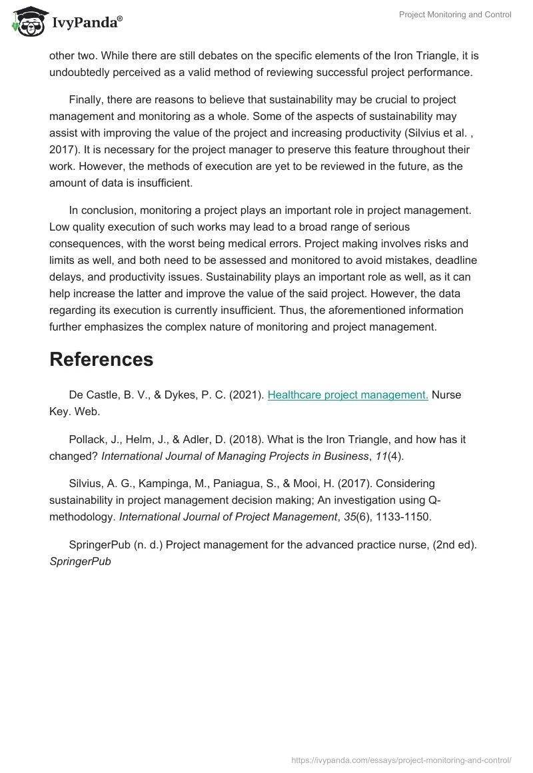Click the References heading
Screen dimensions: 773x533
pos(101,359)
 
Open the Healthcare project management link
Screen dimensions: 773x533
pos(348,394)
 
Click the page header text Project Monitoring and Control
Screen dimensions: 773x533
pos(455,15)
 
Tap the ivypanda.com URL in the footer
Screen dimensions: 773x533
pos(402,760)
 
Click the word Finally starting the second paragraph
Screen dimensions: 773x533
pos(89,99)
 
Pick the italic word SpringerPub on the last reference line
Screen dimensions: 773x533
pos(80,561)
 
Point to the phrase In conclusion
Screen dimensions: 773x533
pos(101,210)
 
